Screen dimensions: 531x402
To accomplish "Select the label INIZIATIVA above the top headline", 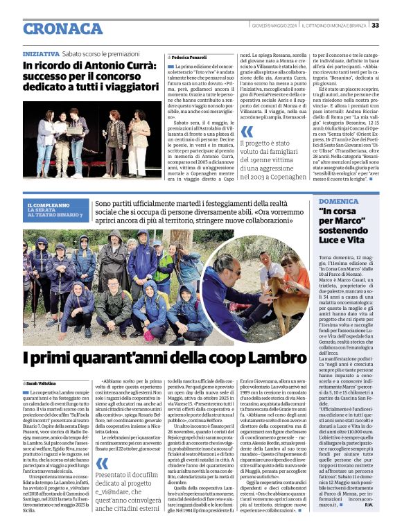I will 41,53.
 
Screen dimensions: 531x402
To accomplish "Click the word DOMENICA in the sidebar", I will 339,201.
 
